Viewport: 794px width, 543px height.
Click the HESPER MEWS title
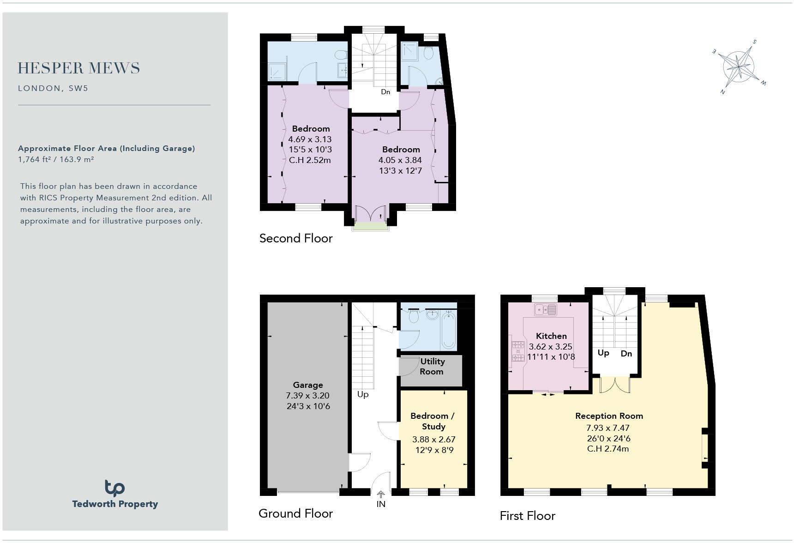(79, 68)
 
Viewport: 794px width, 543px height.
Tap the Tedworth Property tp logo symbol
(114, 488)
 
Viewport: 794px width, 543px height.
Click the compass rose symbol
(739, 67)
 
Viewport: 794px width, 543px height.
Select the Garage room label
(308, 385)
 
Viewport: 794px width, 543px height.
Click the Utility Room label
(432, 366)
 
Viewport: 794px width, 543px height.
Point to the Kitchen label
(551, 336)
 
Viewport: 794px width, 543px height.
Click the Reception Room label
(609, 416)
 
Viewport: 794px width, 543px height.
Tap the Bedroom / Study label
(433, 421)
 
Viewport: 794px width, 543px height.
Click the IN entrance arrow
(381, 495)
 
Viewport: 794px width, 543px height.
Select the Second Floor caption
(296, 238)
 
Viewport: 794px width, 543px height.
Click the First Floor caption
(527, 516)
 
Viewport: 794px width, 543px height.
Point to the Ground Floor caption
(295, 513)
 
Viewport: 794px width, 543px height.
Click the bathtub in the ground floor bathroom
(448, 330)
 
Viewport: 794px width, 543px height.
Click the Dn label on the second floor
(385, 92)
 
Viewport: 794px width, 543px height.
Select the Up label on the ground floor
(363, 394)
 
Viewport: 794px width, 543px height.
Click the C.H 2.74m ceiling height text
(608, 449)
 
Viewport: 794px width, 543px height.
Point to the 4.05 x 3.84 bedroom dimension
(400, 160)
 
